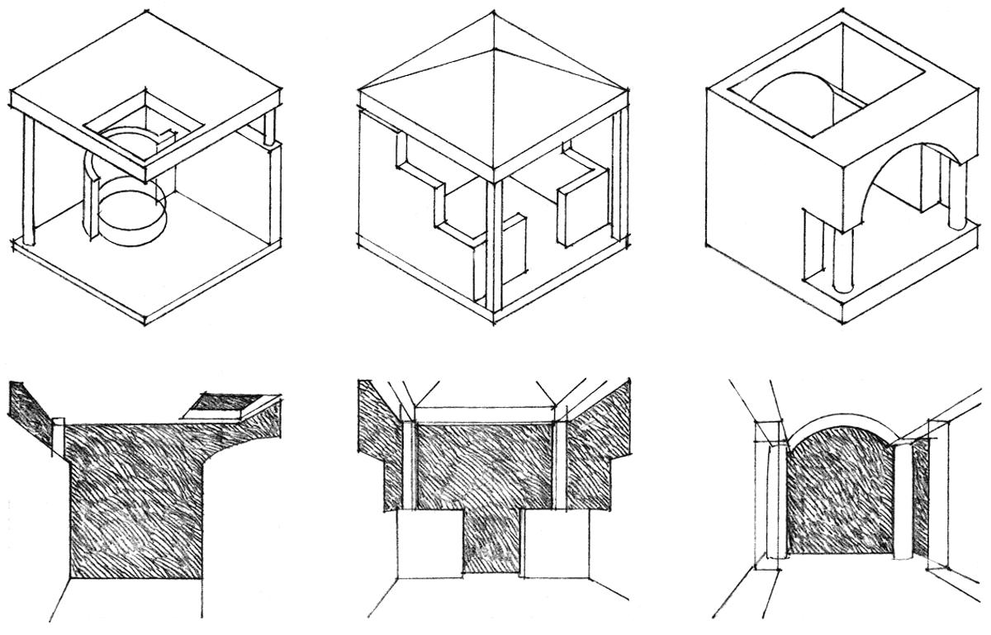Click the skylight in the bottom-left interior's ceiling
coord(216,402)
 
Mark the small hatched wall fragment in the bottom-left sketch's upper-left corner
coord(30,409)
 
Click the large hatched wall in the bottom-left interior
coord(136,504)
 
